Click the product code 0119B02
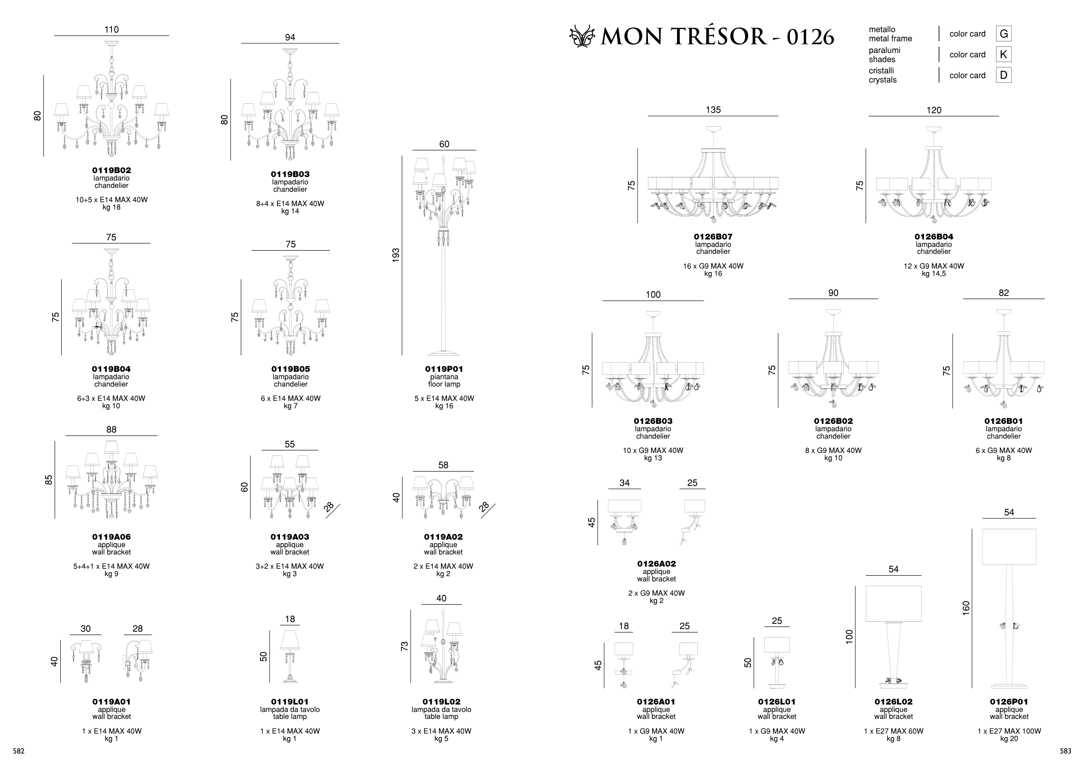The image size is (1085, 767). click(112, 170)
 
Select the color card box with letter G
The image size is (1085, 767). click(1004, 34)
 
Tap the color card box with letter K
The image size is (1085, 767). click(1004, 55)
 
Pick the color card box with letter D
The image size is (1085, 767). click(1004, 75)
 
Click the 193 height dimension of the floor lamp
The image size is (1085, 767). click(396, 255)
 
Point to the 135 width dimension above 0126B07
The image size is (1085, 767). click(713, 110)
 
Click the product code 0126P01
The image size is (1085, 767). click(1009, 702)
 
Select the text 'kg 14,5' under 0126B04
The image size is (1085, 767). click(934, 274)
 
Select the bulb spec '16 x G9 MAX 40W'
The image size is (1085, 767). click(713, 266)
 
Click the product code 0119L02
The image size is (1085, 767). click(441, 702)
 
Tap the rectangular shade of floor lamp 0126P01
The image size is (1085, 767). click(1009, 547)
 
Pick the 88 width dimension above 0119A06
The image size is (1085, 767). click(112, 430)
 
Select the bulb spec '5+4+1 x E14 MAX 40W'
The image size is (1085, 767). click(112, 566)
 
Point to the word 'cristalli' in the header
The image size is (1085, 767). click(881, 71)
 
